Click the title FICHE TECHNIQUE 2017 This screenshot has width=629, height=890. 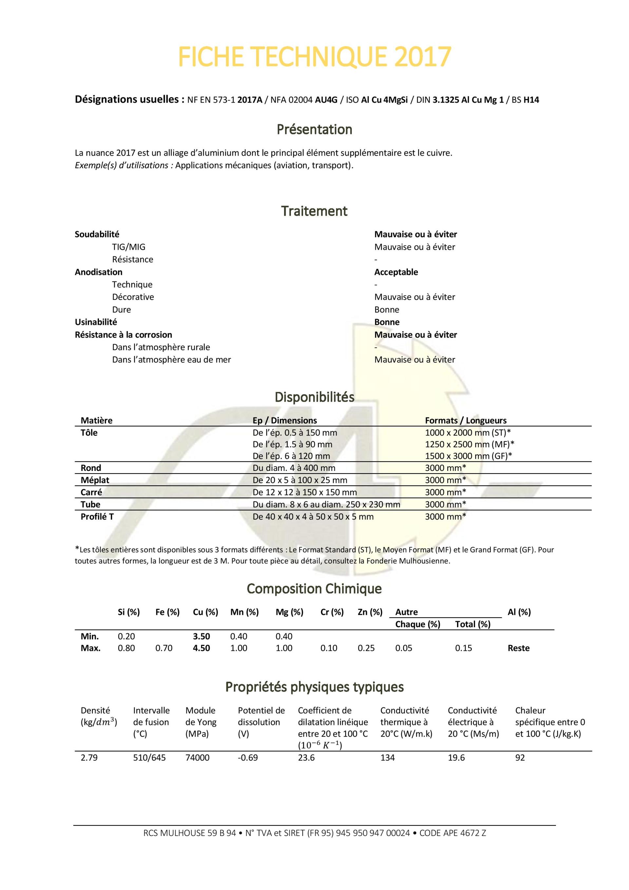pyautogui.click(x=314, y=57)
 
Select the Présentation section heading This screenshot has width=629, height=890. pyautogui.click(x=314, y=129)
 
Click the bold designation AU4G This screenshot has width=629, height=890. pyautogui.click(x=326, y=100)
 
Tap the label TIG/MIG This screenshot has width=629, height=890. pyautogui.click(x=129, y=247)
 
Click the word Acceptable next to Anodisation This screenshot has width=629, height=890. pyautogui.click(x=396, y=272)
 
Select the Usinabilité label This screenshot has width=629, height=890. pyautogui.click(x=96, y=322)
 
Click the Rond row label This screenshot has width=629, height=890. pyautogui.click(x=91, y=468)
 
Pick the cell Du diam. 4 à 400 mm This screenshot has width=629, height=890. pyautogui.click(x=294, y=468)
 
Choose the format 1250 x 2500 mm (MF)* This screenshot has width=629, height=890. pyautogui.click(x=469, y=444)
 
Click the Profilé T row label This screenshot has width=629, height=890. pyautogui.click(x=97, y=517)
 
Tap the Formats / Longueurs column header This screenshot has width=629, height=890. pyautogui.click(x=466, y=420)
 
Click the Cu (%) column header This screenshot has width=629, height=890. pyautogui.click(x=205, y=612)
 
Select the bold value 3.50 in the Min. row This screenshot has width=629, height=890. pyautogui.click(x=201, y=636)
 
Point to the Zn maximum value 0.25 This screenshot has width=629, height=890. pyautogui.click(x=366, y=648)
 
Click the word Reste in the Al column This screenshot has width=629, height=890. pyautogui.click(x=518, y=648)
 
